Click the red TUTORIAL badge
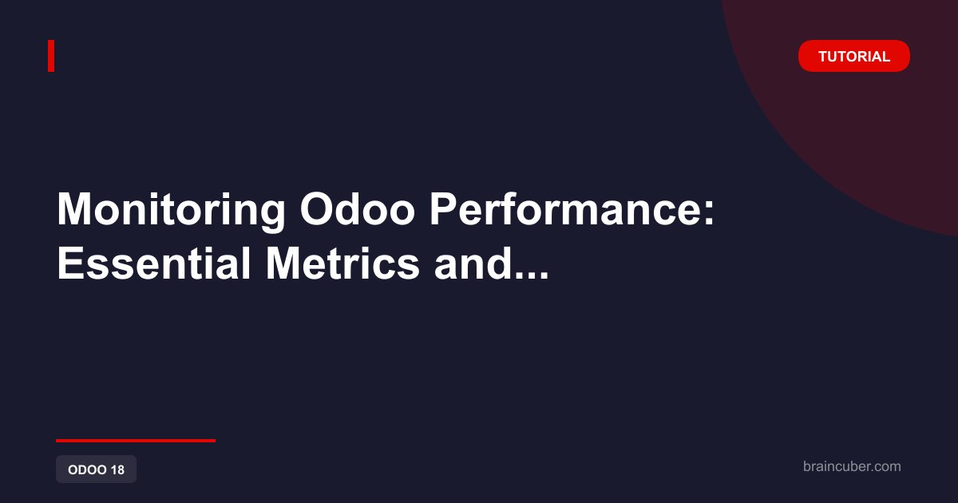pos(853,56)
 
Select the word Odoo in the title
pos(357,209)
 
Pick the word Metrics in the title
pos(342,263)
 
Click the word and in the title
pos(473,263)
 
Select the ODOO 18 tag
pos(97,469)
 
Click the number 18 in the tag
pos(117,469)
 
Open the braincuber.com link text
pos(852,466)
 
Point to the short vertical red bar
pos(51,56)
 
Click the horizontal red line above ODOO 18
pos(136,441)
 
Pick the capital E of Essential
pos(69,263)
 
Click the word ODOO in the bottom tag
pos(87,469)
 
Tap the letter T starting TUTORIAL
pos(823,56)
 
